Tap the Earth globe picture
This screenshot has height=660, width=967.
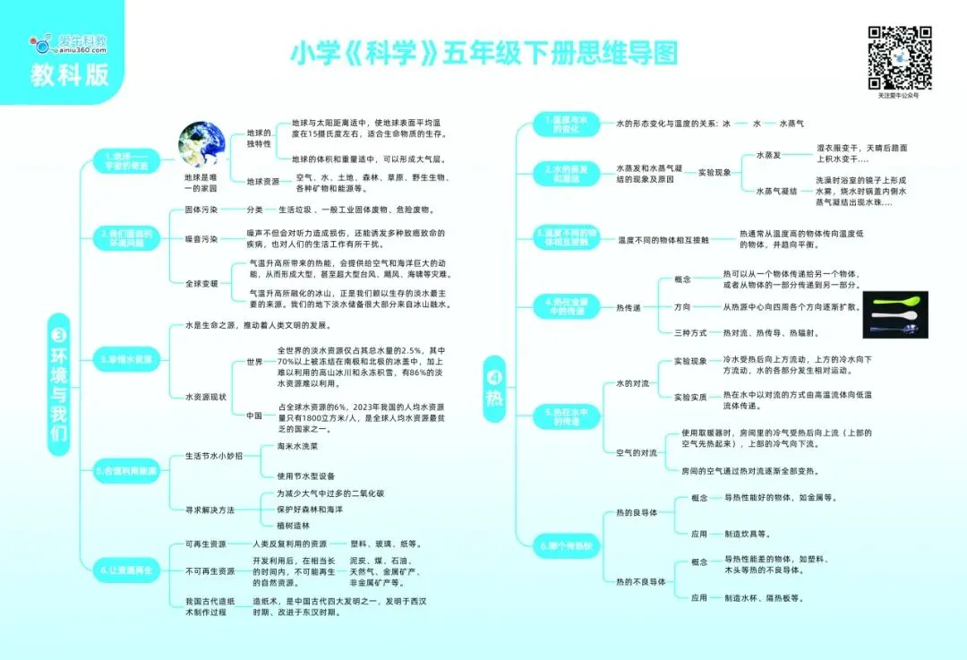coord(201,147)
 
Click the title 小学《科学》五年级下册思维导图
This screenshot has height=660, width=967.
coord(483,52)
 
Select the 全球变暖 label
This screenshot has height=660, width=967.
coord(201,283)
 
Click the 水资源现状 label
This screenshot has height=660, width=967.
coord(205,396)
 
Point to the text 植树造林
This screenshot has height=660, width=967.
coord(294,526)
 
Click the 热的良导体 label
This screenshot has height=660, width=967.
coord(637,513)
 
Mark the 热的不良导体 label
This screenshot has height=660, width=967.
coord(640,581)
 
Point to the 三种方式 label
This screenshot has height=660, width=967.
coord(689,332)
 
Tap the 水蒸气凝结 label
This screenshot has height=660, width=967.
coord(776,191)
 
